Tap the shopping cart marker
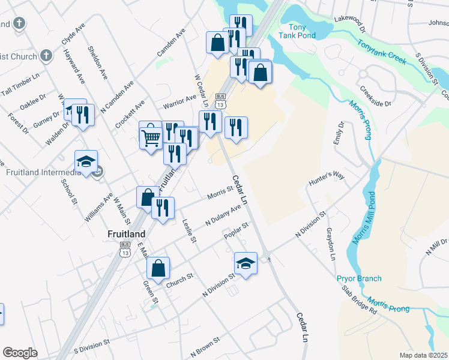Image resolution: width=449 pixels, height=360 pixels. [x=150, y=137]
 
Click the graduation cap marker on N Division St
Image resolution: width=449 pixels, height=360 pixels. [x=245, y=263]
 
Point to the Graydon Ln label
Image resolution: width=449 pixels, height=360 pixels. [x=330, y=244]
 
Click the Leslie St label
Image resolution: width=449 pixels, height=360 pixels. [x=189, y=230]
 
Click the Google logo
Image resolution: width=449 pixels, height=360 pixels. [x=20, y=353]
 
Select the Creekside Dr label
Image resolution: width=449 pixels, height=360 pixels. [x=376, y=95]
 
